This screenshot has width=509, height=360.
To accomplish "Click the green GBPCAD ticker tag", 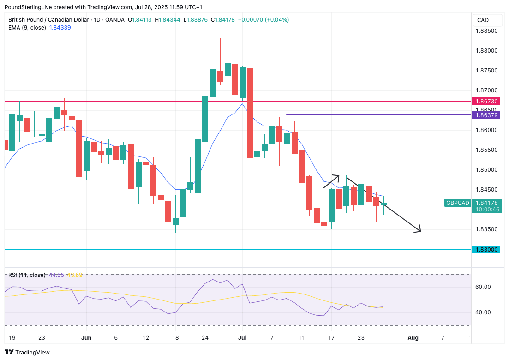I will pyautogui.click(x=457, y=203).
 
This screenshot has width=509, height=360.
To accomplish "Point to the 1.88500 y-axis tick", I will pyautogui.click(x=486, y=31).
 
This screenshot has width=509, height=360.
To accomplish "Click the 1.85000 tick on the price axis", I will pyautogui.click(x=486, y=170).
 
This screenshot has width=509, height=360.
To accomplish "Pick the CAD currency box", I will pyautogui.click(x=483, y=20).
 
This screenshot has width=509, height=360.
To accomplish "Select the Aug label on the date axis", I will pyautogui.click(x=413, y=338).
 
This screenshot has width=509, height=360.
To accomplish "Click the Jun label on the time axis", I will pyautogui.click(x=86, y=338).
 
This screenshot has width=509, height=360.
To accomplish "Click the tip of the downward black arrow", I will pyautogui.click(x=421, y=231).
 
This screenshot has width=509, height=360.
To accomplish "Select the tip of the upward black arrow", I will pyautogui.click(x=339, y=175).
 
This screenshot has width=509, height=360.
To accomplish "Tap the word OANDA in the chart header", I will pyautogui.click(x=115, y=19).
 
